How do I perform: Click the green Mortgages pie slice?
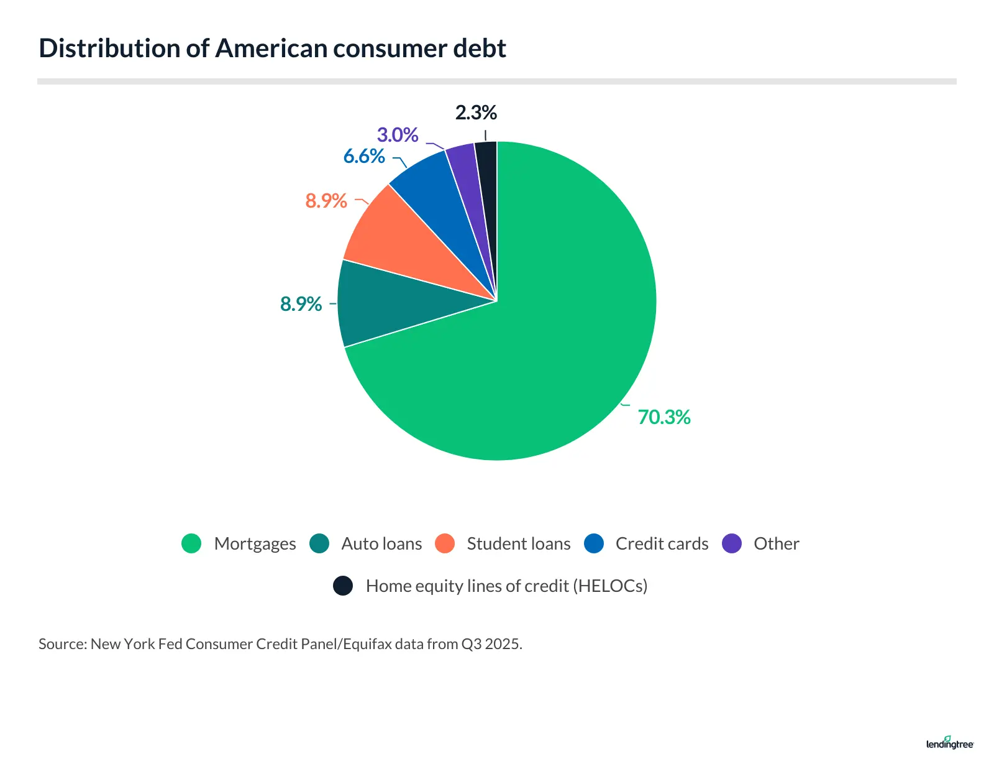pos(559,323)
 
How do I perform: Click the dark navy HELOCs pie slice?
pos(487,180)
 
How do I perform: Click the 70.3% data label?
pos(663,417)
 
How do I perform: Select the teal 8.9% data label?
pos(301,304)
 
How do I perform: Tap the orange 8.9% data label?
pos(326,201)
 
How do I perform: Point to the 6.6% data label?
pos(364,156)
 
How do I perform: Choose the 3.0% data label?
pos(398,135)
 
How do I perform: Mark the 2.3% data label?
pos(476,113)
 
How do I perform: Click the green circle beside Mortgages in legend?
pos(191,543)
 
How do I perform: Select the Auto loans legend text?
pos(381,544)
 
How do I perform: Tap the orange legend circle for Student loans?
pos(445,543)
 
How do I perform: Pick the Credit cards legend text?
pos(662,544)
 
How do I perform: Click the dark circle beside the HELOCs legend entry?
pos(343,586)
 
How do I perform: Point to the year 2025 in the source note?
pos(502,644)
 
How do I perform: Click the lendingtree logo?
pos(949,743)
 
